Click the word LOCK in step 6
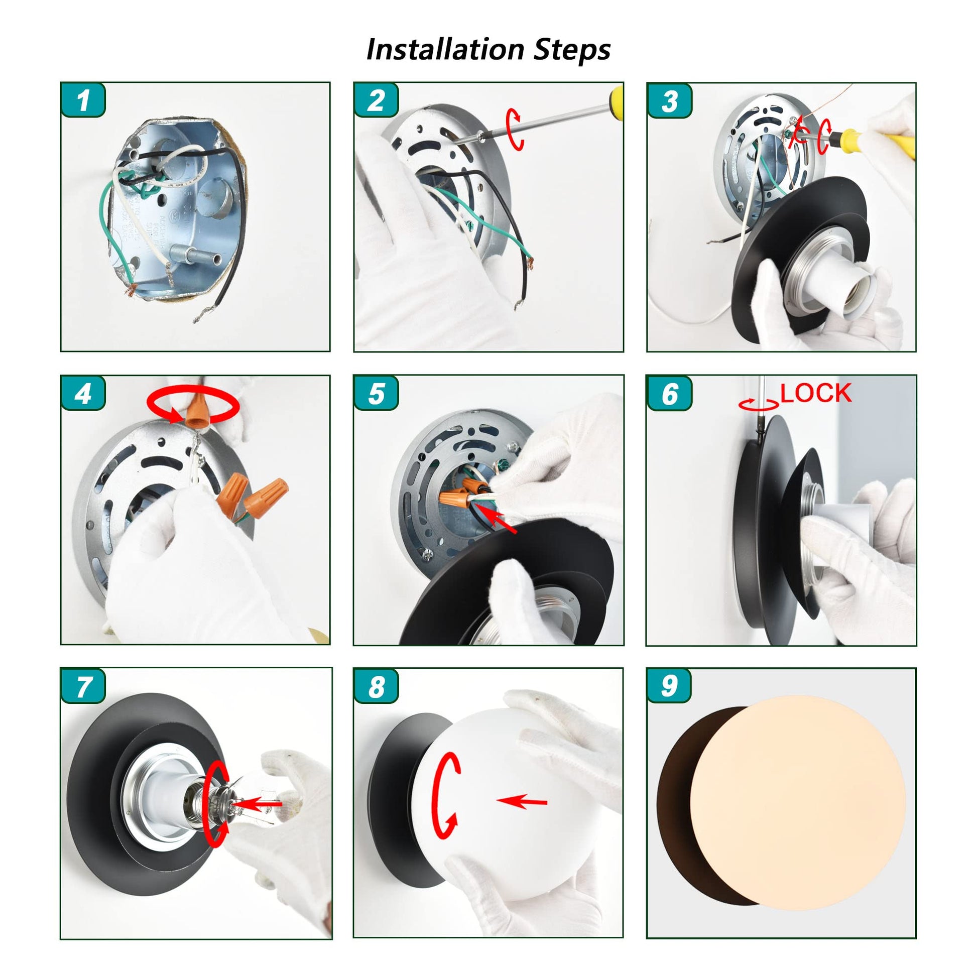click(x=816, y=393)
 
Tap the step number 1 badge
click(x=83, y=100)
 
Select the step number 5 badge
click(x=376, y=393)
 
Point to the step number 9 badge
click(x=669, y=686)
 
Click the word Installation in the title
click(x=445, y=50)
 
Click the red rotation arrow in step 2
click(x=515, y=129)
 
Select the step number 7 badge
click(x=83, y=686)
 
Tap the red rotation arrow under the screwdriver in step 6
click(x=759, y=404)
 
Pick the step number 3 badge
click(x=669, y=100)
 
